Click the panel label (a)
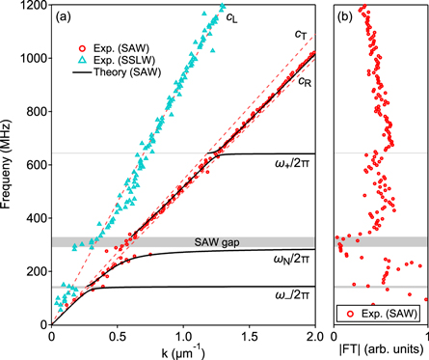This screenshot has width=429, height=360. tap(64, 16)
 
